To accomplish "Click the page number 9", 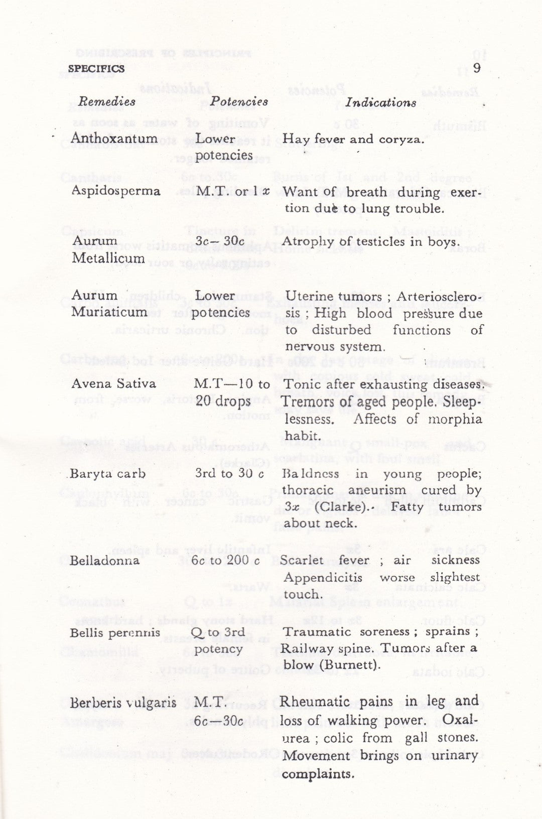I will click(x=476, y=68).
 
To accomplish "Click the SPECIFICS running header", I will click(x=96, y=69).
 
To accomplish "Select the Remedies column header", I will click(x=107, y=102).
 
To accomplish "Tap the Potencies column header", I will click(x=239, y=102).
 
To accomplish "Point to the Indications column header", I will click(x=381, y=103).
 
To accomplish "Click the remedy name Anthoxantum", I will click(x=114, y=138).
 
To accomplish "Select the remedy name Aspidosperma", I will click(x=115, y=191).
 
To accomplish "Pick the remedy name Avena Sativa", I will click(x=113, y=384).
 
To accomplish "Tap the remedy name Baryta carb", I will click(x=108, y=474).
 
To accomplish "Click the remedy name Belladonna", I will click(x=104, y=560).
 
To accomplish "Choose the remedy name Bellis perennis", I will click(x=115, y=632).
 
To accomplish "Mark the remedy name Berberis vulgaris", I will click(x=123, y=703).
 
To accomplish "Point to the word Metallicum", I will click(x=108, y=258).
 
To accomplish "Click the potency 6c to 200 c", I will click(x=227, y=560).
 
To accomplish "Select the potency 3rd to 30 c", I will click(x=227, y=474).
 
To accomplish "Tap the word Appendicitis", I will click(x=323, y=577).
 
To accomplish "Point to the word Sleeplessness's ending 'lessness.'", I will click(x=308, y=419).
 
